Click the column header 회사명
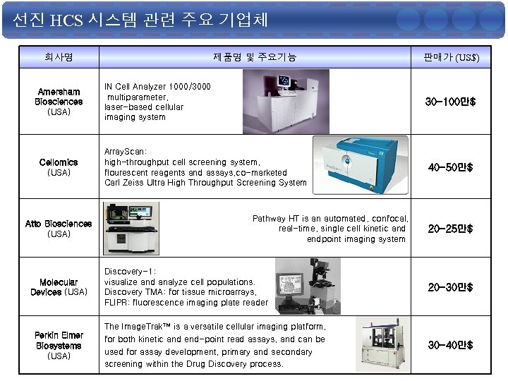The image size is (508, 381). click(59, 57)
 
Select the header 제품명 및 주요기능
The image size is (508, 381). click(255, 57)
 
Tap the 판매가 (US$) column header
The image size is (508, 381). click(452, 57)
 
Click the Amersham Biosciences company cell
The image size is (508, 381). click(59, 102)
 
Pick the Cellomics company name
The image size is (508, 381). click(59, 167)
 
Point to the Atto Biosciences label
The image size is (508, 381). click(59, 229)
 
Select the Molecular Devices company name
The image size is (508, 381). click(59, 287)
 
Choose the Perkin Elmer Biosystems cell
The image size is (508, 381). click(59, 345)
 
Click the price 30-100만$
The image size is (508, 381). click(451, 102)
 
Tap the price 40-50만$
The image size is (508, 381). click(451, 167)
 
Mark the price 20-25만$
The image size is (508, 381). click(451, 229)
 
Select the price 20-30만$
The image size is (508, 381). click(451, 287)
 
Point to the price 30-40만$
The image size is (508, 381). click(451, 345)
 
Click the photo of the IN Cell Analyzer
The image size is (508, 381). click(286, 102)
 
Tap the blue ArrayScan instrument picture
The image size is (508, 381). click(361, 165)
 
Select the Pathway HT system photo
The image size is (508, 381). click(131, 229)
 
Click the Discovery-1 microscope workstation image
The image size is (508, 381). click(308, 286)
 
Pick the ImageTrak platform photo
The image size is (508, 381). click(382, 344)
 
